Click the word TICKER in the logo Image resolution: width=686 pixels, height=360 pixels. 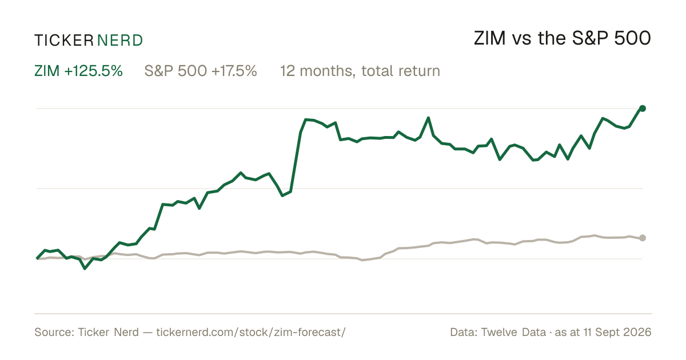coord(64,41)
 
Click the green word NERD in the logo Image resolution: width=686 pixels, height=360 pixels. coord(120,41)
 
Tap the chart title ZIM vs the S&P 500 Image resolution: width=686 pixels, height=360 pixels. coord(563,38)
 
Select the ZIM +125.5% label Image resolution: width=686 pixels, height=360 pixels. coord(78,71)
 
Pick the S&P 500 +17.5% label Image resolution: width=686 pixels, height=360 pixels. coord(201,71)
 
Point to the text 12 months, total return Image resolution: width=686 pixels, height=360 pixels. coord(360,71)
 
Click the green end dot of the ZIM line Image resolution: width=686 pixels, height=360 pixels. coord(643,109)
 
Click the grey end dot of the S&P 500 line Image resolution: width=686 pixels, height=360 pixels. coord(643,238)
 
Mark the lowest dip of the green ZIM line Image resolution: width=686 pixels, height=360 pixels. coord(85,269)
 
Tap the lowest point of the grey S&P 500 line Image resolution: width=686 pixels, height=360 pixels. coord(362,260)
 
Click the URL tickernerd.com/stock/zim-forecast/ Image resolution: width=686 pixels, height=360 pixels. coord(251,332)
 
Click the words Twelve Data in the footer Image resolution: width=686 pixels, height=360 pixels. coord(513,332)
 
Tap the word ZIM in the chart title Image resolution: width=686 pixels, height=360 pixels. coord(490,38)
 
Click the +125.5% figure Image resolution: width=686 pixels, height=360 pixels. coord(93,71)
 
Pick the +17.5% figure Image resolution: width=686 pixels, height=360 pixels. coord(234,71)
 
